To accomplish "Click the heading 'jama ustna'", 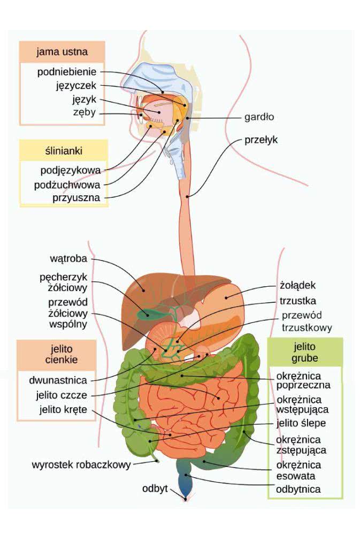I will click(x=62, y=52).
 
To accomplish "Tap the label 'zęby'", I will click(x=84, y=113).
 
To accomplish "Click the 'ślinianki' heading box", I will click(x=64, y=151).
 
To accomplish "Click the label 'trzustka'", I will click(x=297, y=300).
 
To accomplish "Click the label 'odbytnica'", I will click(x=298, y=489).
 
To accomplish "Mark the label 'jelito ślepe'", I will click(x=301, y=423).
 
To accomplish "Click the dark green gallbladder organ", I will click(x=144, y=313).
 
